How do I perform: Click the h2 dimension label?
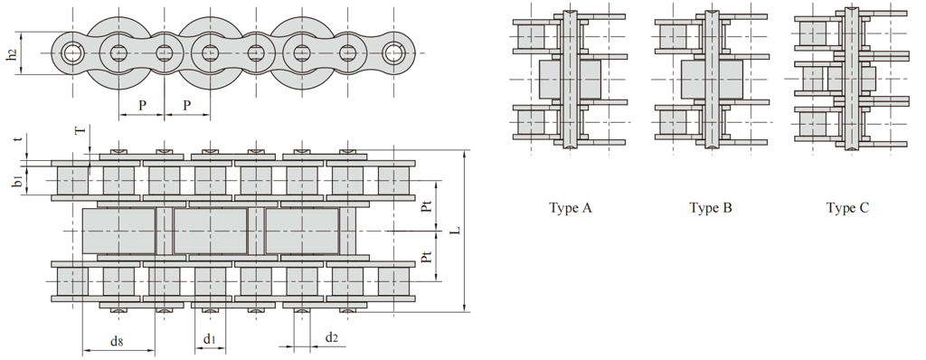point(11,52)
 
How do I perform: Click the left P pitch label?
point(142,105)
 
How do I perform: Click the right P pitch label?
point(186,105)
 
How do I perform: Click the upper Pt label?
point(428,205)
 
